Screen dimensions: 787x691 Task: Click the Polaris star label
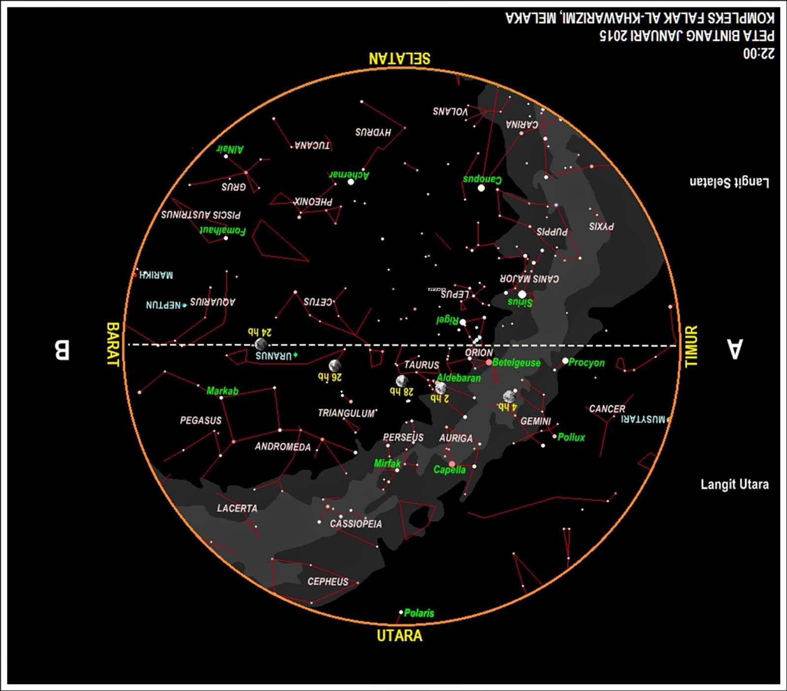coord(419,613)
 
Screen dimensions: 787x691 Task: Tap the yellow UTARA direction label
coord(399,635)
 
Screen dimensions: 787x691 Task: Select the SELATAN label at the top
coord(399,59)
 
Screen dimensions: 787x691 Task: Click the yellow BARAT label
coord(113,344)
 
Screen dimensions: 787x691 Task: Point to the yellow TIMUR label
coord(691,346)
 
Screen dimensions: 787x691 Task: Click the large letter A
coord(734,349)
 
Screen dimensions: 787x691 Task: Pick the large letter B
coord(61,350)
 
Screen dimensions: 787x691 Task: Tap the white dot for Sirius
coord(522,294)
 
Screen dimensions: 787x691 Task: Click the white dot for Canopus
coord(481,188)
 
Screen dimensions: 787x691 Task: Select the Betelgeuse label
coord(516,362)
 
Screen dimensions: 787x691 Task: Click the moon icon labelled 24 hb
coord(261,344)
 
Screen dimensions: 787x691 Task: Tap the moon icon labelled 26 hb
coord(334,365)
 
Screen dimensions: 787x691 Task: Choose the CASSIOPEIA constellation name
coord(356,524)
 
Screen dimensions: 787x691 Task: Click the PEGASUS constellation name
coord(201,421)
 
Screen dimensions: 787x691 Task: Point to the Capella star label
coord(449,470)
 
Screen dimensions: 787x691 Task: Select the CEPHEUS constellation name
coord(328,582)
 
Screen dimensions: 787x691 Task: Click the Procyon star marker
coord(565,361)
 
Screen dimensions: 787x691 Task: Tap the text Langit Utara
coord(734,484)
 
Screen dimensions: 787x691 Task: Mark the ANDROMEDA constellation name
coord(283,447)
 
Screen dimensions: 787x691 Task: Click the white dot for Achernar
coord(351,182)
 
